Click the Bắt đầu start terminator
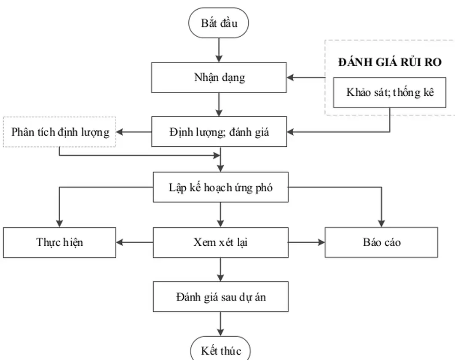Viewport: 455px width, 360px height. [x=219, y=23]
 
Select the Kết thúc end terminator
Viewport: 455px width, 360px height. [x=219, y=350]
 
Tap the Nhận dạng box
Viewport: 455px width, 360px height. [x=219, y=78]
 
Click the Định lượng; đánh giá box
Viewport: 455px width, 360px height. [x=219, y=132]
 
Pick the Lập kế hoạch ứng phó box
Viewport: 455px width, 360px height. [x=220, y=187]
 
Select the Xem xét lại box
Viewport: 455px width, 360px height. [x=220, y=242]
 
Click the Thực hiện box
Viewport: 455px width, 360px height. [x=59, y=242]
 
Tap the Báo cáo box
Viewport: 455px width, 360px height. [x=381, y=242]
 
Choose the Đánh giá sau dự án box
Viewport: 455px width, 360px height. [x=220, y=297]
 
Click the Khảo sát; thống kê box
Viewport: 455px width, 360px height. [x=389, y=92]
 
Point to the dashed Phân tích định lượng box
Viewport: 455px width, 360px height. [x=59, y=132]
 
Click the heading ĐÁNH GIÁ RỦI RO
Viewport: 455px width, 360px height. [x=390, y=62]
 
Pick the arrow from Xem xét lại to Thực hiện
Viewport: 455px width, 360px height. [x=134, y=242]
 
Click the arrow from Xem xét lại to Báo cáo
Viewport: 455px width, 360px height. [x=307, y=242]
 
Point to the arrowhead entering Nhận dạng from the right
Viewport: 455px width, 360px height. [x=291, y=78]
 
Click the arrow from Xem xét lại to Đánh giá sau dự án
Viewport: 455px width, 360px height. [x=220, y=270]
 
